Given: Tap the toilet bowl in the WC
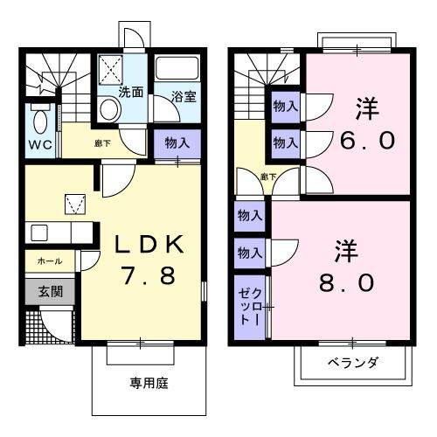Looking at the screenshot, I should pos(39,118).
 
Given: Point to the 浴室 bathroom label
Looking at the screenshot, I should pos(184,97).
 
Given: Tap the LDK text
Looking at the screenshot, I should pos(147,244).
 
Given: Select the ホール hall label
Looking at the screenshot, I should pos(49,261).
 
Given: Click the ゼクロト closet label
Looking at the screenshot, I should pos(248,302).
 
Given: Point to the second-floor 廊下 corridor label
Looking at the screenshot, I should pos(267,177).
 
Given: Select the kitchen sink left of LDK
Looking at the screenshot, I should pos(38,232).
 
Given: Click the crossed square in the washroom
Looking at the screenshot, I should pos(111,68).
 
